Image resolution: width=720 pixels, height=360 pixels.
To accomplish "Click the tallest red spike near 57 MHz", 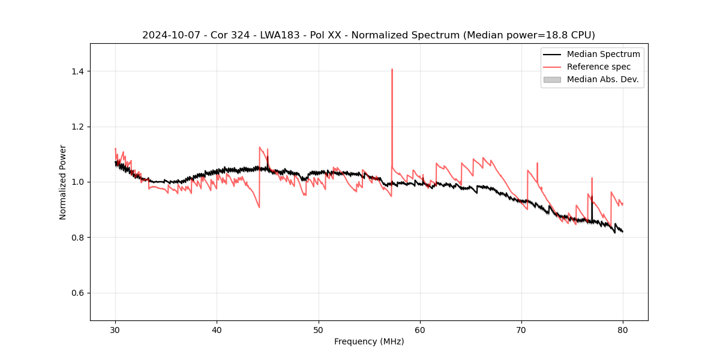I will (392, 70).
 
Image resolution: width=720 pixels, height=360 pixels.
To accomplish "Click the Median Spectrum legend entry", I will (603, 54).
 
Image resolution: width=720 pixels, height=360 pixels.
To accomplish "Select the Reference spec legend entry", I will (599, 67).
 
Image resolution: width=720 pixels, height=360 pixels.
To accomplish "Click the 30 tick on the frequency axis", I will (115, 329).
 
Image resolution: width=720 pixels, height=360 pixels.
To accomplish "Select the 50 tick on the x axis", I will (319, 329).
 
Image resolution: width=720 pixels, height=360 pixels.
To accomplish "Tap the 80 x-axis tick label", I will (623, 329).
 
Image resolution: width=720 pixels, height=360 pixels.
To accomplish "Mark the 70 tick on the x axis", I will (521, 329).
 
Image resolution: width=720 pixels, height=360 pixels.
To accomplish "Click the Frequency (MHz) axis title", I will (369, 341).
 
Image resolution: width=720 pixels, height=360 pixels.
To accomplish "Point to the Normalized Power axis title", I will (63, 182).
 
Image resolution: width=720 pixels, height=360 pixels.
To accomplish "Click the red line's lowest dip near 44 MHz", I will (259, 207).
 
